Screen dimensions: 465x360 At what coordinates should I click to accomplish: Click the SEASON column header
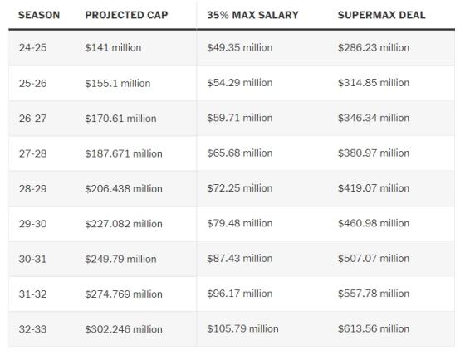click(39, 15)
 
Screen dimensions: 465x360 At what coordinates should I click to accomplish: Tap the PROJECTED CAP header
click(126, 15)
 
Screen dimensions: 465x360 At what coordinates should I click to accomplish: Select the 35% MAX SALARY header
click(252, 15)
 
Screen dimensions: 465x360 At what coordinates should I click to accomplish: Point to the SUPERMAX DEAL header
click(382, 15)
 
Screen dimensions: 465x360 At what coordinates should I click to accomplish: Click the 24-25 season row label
click(32, 48)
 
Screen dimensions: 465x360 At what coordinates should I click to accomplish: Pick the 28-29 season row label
click(32, 189)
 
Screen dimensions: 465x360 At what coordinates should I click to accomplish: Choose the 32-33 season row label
click(32, 329)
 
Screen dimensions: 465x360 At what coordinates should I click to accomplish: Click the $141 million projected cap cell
click(113, 48)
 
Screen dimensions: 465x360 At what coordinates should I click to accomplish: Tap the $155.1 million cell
click(118, 83)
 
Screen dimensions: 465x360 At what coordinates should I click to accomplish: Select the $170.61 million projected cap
click(120, 119)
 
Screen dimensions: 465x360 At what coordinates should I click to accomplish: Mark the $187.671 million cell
click(124, 153)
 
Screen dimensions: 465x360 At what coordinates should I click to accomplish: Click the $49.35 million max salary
click(240, 48)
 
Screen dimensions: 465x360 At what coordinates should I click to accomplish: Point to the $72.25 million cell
click(240, 188)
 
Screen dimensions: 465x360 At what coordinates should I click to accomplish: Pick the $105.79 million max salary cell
click(242, 328)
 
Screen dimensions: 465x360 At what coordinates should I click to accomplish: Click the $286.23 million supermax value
click(374, 48)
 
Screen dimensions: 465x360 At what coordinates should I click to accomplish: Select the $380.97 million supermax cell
click(374, 153)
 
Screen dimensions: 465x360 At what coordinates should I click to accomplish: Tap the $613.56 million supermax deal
click(374, 328)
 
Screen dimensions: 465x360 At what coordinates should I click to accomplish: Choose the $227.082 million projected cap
click(124, 224)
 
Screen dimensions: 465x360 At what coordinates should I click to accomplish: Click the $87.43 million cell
click(240, 258)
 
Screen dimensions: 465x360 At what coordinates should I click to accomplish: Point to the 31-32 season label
click(32, 294)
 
